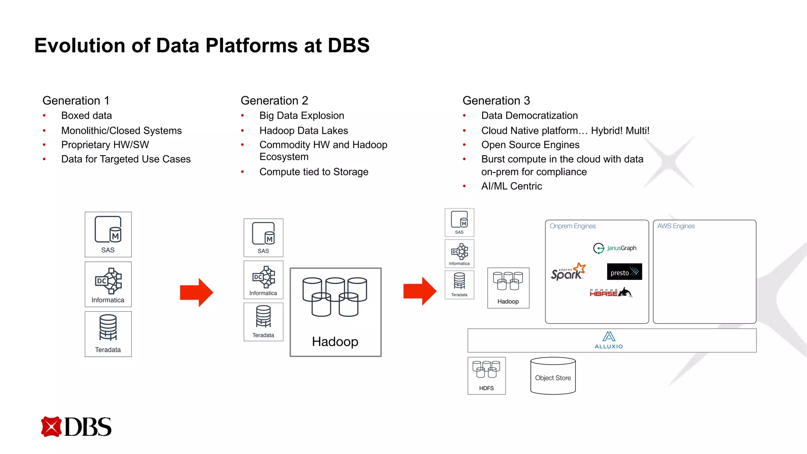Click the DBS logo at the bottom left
76,427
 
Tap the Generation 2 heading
274,100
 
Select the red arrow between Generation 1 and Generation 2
196,292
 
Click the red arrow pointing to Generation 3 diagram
420,291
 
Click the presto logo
624,272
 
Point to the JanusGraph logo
615,248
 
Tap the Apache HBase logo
610,293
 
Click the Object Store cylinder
553,376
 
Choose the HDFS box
487,376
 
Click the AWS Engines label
676,226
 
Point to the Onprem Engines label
573,226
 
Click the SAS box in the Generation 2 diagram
263,238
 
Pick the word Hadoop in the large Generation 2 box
335,341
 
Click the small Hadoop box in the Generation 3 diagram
508,288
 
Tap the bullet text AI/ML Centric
511,186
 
